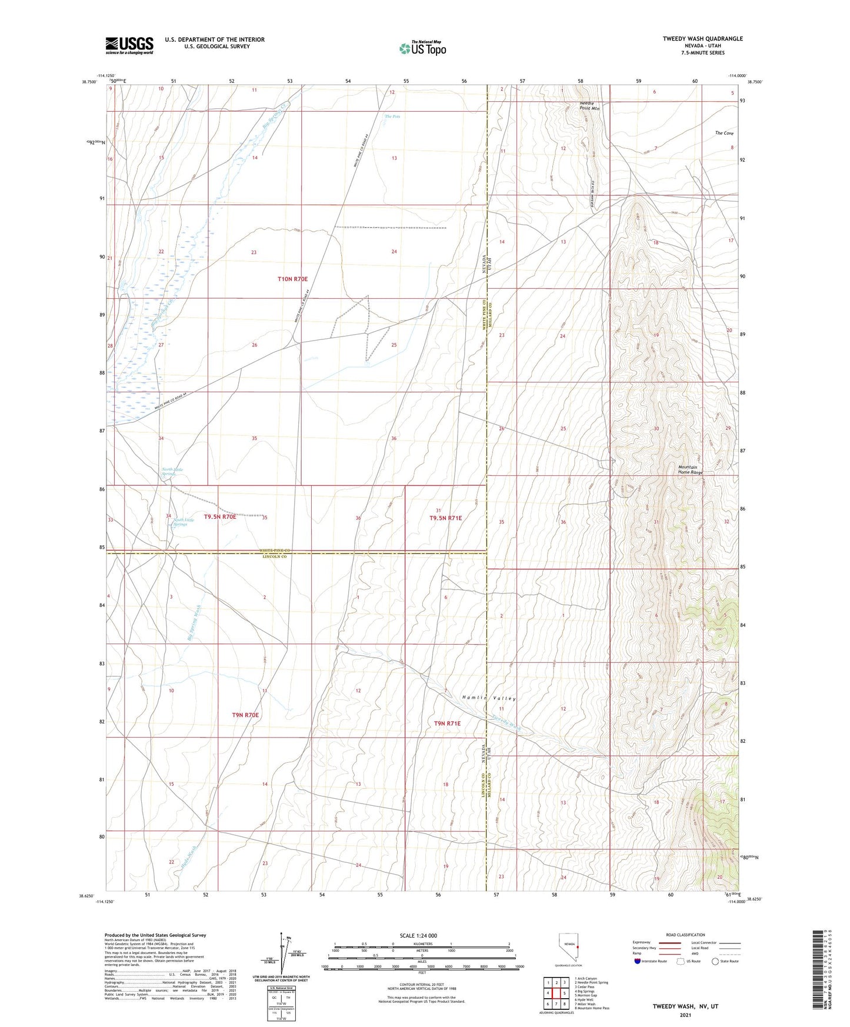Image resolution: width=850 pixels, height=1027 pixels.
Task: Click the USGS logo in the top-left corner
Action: click(x=129, y=45)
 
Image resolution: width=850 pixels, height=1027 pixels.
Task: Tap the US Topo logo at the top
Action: click(x=422, y=49)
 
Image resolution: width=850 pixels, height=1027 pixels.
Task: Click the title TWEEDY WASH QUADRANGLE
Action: click(x=702, y=39)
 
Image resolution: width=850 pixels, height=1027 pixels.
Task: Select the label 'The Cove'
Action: click(x=724, y=134)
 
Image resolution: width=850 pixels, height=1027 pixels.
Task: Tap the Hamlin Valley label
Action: click(x=488, y=698)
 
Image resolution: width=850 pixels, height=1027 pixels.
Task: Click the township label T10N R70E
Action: click(x=292, y=279)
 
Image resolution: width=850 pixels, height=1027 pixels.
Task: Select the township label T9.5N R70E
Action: click(x=220, y=516)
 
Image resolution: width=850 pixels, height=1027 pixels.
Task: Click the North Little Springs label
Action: click(x=172, y=471)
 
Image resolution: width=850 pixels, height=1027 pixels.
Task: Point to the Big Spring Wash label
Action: click(x=195, y=622)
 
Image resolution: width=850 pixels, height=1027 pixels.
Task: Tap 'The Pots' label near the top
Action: click(x=392, y=116)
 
